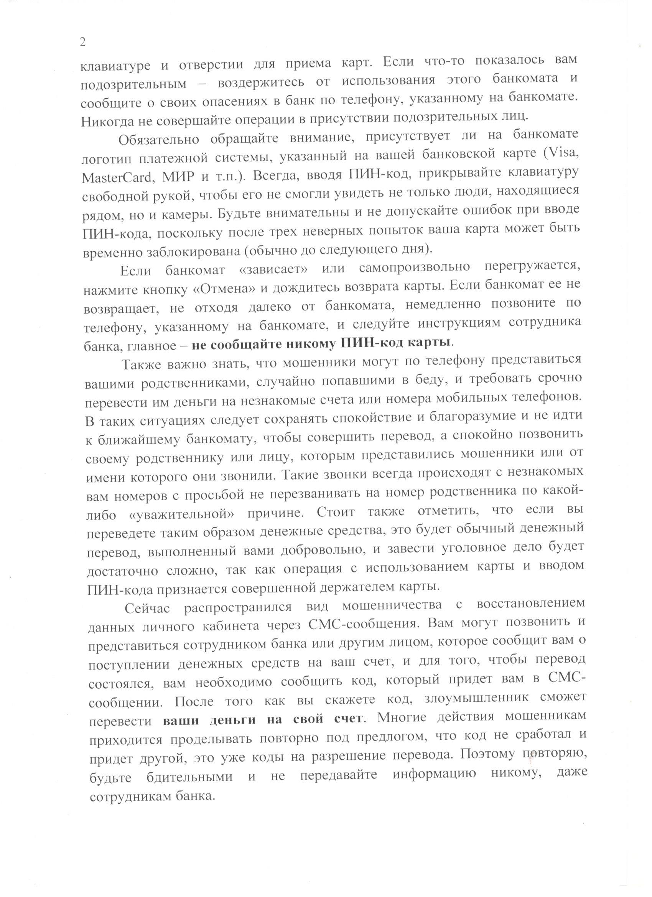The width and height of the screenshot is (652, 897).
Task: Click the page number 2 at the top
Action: coord(82,43)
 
